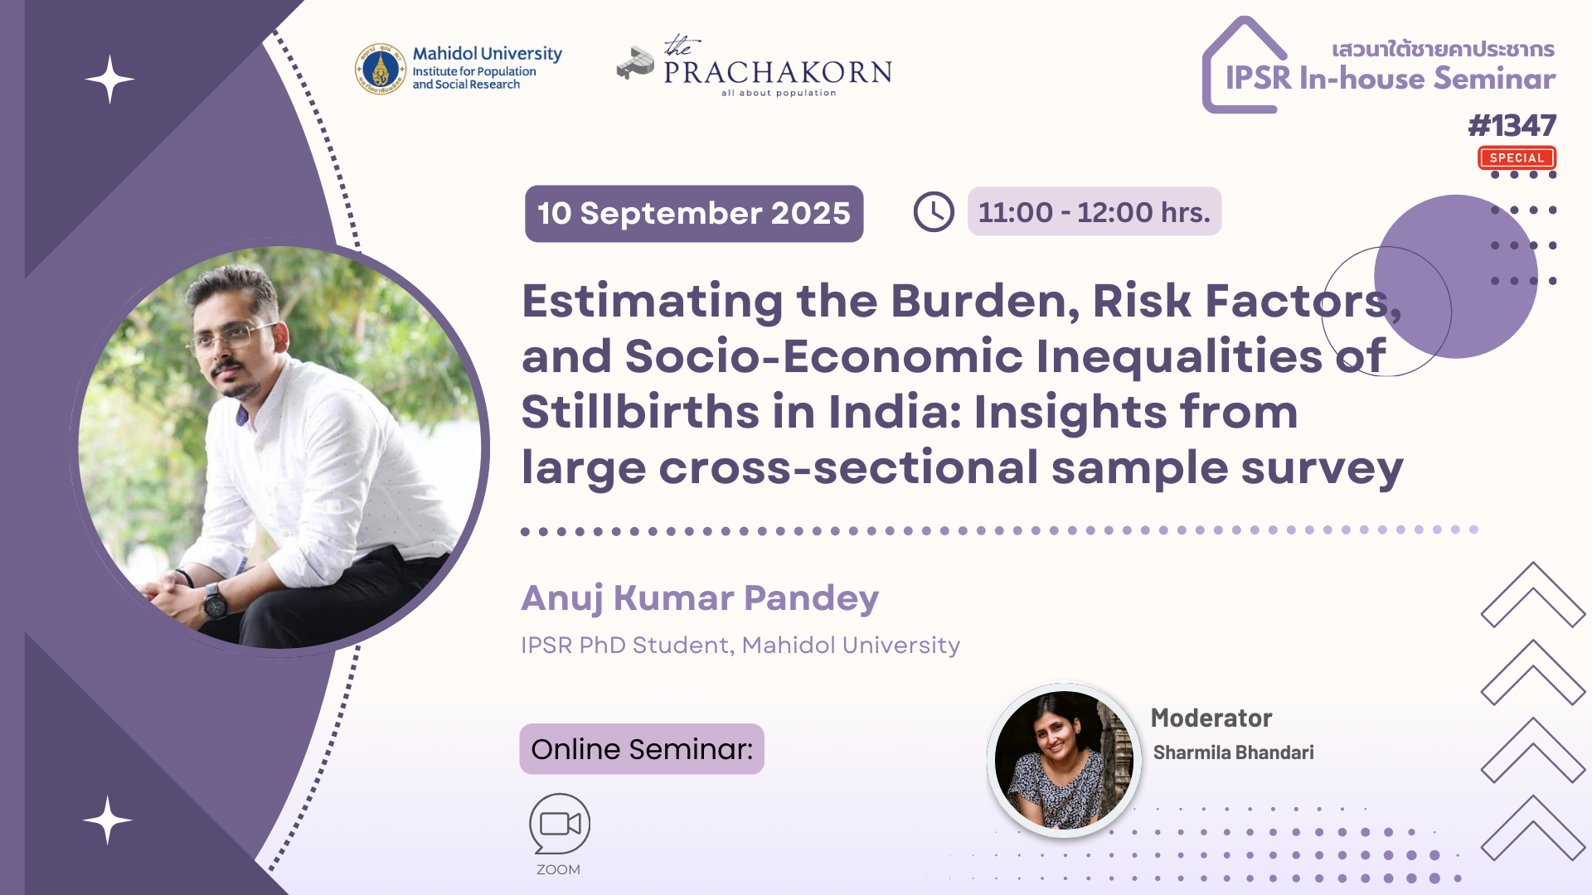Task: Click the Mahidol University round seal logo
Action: [381, 69]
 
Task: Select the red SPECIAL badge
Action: [1517, 157]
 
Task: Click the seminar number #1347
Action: [1512, 126]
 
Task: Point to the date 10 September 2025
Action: [694, 214]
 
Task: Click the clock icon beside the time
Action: [934, 212]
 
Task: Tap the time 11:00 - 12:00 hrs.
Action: [1094, 212]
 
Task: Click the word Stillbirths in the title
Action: [640, 412]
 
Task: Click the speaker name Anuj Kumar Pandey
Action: [700, 598]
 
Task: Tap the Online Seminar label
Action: [642, 749]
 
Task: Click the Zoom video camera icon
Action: [560, 823]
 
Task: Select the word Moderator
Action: [1211, 718]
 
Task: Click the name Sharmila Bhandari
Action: [1234, 752]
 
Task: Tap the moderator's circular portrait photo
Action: [1065, 760]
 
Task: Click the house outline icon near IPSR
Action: [1244, 65]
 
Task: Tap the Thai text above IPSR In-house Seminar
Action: [1444, 49]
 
